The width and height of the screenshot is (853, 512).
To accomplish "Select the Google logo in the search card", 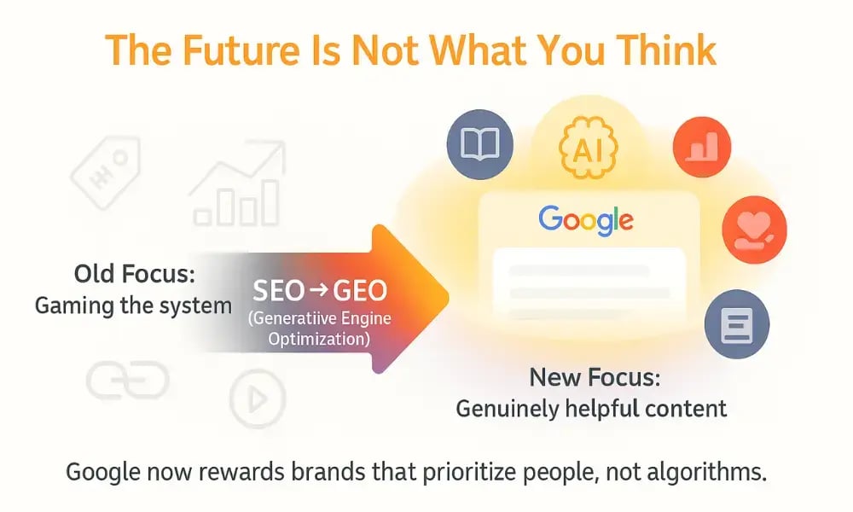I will [x=586, y=220].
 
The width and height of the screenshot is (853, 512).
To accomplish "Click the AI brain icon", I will [x=587, y=150].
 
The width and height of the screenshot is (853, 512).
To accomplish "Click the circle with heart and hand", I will [x=754, y=230].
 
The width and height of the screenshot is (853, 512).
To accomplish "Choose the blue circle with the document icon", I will [x=737, y=324].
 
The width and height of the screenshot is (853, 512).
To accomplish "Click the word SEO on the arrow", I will [x=279, y=292].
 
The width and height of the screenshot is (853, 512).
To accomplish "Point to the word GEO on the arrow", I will [x=359, y=292].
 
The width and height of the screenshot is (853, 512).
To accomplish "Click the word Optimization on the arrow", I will [x=319, y=340].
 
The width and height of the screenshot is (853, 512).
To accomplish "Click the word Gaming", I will [x=71, y=305].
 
